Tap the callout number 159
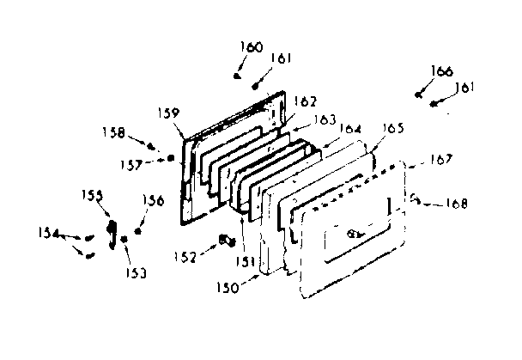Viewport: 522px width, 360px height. tap(169, 113)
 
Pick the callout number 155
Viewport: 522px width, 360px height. tap(94, 196)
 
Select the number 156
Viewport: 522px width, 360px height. tap(154, 201)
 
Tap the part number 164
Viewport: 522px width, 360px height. tap(349, 128)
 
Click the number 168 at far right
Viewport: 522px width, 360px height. tap(457, 204)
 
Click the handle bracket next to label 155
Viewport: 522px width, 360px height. tap(112, 231)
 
